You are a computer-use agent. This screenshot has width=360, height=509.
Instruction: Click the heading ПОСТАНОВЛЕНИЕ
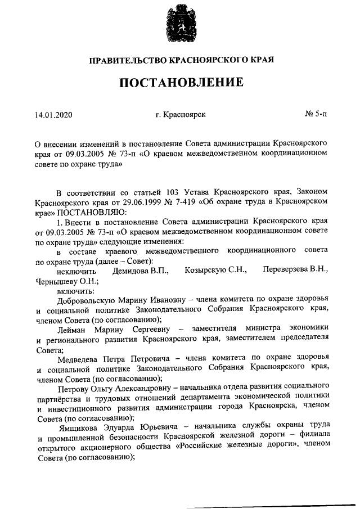[x=181, y=83]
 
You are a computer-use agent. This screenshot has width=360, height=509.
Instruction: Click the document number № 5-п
[x=315, y=115]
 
